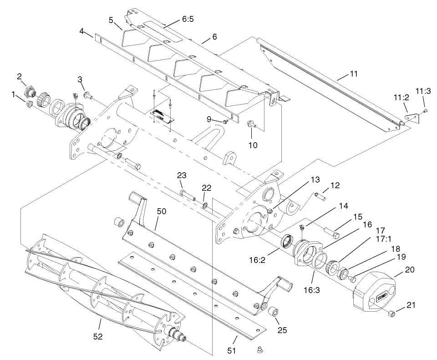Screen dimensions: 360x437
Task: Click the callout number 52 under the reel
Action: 97,337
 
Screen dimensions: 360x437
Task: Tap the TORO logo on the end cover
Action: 381,298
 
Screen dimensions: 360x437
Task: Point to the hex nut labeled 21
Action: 391,314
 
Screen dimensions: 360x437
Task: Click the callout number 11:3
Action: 423,92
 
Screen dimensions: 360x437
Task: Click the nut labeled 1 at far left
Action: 28,104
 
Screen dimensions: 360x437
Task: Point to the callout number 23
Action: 182,175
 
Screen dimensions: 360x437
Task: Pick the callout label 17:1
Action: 379,239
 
